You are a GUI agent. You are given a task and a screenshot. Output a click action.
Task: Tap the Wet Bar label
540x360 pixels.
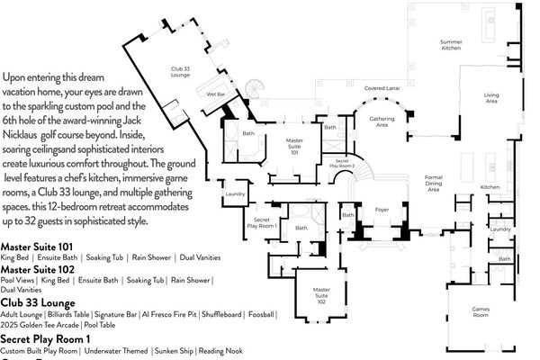tap(216, 94)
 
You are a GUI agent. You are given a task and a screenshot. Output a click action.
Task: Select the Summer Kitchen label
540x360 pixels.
tap(451, 45)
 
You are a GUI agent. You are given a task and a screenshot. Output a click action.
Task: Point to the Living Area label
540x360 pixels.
tap(491, 98)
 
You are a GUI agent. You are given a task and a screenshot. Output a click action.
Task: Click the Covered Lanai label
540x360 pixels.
tap(382, 89)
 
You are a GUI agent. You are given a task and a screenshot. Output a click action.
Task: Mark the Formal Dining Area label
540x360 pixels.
tap(434, 184)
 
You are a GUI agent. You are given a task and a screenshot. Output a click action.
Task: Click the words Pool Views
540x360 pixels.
tap(17, 281)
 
